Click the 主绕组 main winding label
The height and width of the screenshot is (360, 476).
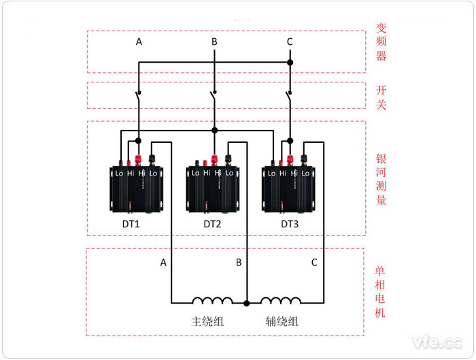pos(207,321)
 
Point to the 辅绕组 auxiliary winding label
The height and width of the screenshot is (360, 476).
pos(282,321)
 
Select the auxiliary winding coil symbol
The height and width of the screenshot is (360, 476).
pos(281,300)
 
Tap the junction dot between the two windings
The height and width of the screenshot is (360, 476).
pos(247,303)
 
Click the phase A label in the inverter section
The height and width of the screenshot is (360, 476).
pos(139,42)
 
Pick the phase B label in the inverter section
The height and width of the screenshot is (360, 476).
pos(214,42)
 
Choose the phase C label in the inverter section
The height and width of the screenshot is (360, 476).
pos(290,42)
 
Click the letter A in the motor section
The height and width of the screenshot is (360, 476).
pos(163,262)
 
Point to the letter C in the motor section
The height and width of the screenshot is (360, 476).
pos(313,262)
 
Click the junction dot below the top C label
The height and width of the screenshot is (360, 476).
pos(290,63)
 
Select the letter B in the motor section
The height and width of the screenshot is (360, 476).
pos(239,262)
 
